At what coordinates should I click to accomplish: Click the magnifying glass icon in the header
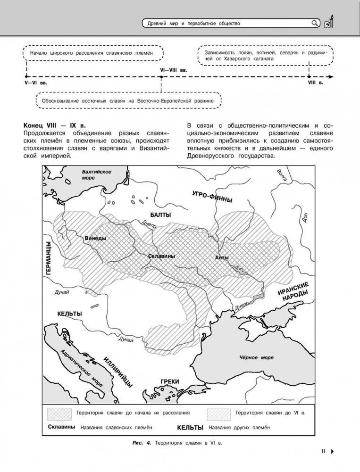(315, 23)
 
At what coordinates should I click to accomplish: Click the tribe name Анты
(221, 257)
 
